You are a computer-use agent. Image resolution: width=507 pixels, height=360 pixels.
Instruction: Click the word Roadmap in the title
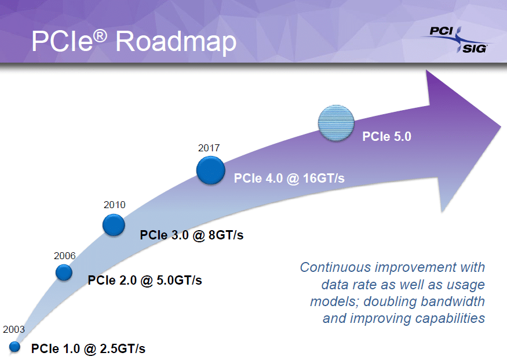click(x=176, y=42)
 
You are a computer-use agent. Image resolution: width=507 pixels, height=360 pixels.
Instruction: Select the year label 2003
click(x=14, y=329)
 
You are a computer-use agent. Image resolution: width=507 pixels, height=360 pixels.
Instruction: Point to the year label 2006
click(x=64, y=255)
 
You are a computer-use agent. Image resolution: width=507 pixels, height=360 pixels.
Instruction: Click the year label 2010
click(x=114, y=205)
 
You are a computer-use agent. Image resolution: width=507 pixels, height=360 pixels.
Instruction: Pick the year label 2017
click(x=209, y=148)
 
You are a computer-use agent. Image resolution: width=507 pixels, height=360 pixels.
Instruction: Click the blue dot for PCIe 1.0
click(x=14, y=347)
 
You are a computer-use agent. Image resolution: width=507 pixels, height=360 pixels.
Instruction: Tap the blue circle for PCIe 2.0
click(x=64, y=272)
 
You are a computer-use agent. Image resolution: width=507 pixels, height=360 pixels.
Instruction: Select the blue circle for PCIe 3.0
click(x=114, y=224)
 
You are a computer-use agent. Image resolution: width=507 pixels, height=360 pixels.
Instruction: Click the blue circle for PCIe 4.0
click(x=210, y=170)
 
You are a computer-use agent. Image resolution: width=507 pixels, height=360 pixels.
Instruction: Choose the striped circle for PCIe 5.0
click(x=335, y=123)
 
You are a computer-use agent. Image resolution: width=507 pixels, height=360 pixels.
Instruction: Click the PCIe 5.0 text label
click(x=386, y=137)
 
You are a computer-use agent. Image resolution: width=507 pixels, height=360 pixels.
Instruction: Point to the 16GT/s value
click(x=323, y=179)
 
